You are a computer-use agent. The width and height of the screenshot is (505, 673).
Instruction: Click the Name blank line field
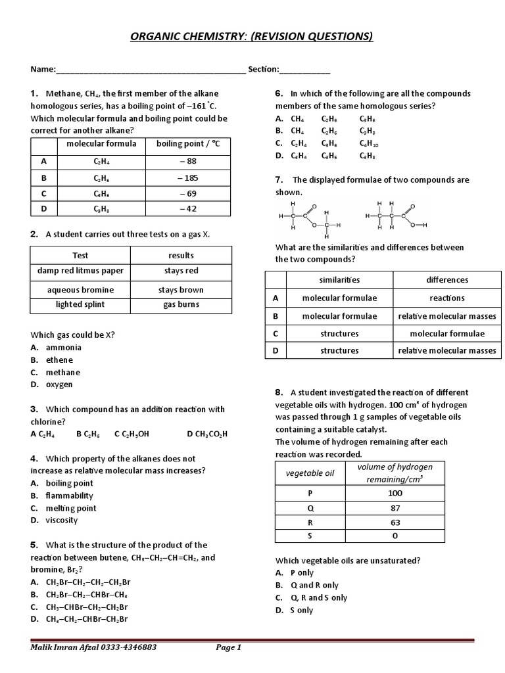pyautogui.click(x=151, y=70)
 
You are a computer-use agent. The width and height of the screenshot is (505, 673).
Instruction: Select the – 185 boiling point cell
pyautogui.click(x=187, y=178)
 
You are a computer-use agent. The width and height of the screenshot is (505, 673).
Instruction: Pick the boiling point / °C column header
pyautogui.click(x=187, y=144)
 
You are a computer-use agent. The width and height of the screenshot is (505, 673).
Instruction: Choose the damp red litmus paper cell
pyautogui.click(x=80, y=271)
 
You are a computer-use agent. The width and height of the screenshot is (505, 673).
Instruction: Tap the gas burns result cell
pyautogui.click(x=181, y=305)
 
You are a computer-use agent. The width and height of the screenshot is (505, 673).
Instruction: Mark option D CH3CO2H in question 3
pyautogui.click(x=207, y=434)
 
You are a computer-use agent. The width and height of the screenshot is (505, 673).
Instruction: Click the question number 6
pyautogui.click(x=279, y=94)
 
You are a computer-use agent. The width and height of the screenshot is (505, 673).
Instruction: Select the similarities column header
pyautogui.click(x=339, y=280)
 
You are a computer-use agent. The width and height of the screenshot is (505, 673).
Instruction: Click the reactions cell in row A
pyautogui.click(x=447, y=298)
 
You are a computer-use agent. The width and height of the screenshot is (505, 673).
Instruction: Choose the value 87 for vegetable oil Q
pyautogui.click(x=395, y=508)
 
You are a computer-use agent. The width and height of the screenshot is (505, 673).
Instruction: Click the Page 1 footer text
pyautogui.click(x=229, y=647)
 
